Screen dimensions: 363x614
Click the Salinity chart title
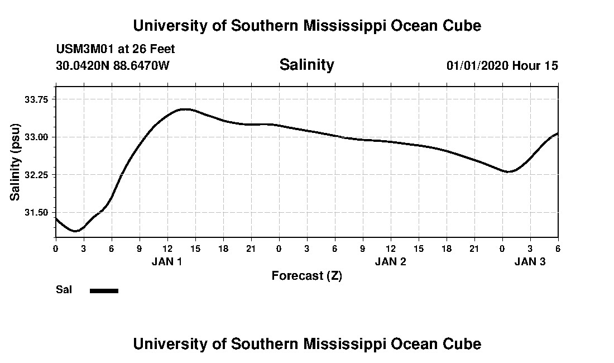(x=306, y=65)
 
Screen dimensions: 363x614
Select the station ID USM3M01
(x=84, y=49)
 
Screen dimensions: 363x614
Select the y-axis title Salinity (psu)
(x=15, y=161)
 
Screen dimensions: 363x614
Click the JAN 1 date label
(x=167, y=261)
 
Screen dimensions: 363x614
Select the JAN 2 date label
(x=390, y=261)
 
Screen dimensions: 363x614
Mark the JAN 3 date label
(x=530, y=261)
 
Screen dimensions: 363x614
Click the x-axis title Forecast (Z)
(x=306, y=276)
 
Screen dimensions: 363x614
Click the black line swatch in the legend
(x=104, y=290)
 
